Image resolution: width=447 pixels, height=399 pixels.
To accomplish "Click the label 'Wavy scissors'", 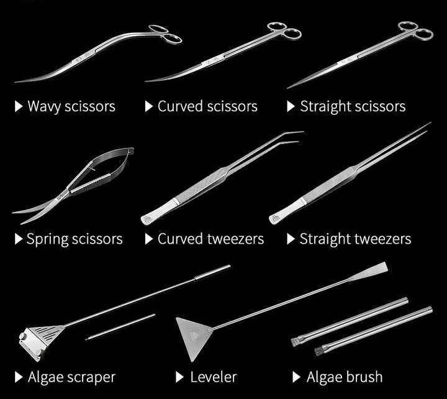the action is click(71, 106).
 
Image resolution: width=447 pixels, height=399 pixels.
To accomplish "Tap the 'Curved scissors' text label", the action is click(207, 106).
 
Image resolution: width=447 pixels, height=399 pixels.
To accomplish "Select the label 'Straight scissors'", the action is click(353, 106).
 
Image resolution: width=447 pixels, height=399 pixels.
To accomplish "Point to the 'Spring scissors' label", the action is click(74, 239).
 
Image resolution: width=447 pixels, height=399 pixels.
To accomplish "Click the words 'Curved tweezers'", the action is click(210, 239).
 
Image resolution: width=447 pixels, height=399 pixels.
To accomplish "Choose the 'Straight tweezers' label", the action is click(355, 239).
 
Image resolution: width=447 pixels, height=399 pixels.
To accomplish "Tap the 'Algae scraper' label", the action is click(71, 377).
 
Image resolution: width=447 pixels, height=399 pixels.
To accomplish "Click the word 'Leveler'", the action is click(213, 377).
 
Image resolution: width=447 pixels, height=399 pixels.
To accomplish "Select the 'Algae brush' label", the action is click(345, 377).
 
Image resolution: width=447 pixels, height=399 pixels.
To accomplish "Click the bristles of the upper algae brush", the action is click(297, 340).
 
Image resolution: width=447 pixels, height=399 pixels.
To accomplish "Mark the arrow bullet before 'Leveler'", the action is click(179, 377).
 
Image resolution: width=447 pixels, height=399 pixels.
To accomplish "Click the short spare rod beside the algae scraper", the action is click(120, 326).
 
